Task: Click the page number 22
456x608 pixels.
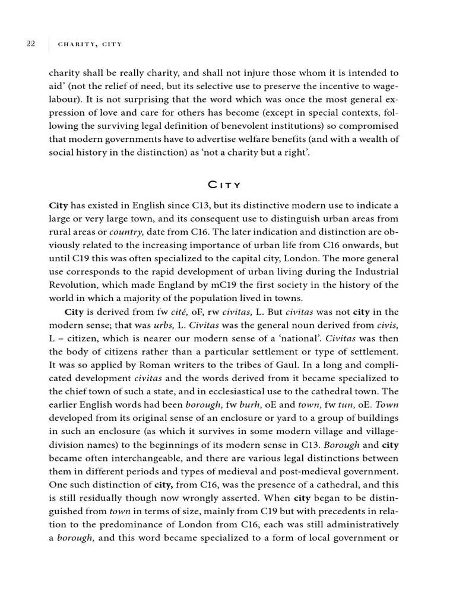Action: point(31,43)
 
